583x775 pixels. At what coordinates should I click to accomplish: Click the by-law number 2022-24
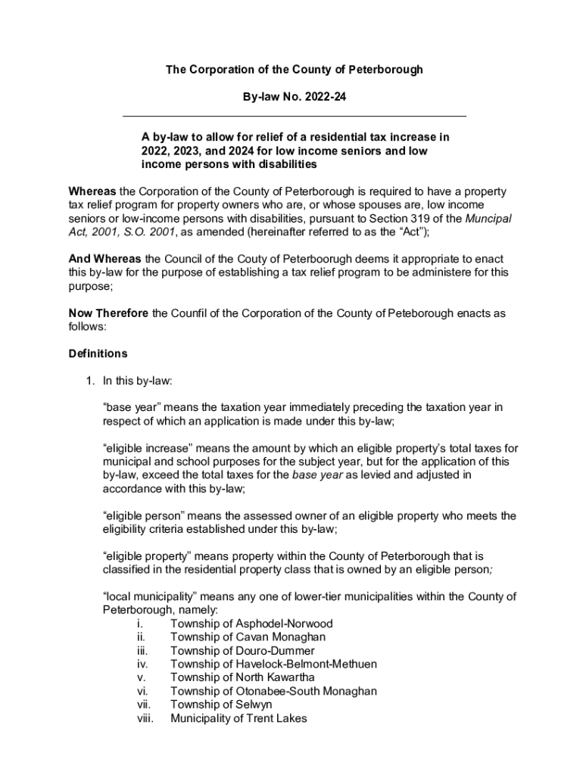(324, 97)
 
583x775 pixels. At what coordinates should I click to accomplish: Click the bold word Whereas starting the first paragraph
(92, 191)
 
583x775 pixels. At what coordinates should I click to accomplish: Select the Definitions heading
(98, 353)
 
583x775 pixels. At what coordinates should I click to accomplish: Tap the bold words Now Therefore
(109, 313)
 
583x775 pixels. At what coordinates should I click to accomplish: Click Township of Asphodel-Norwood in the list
(251, 624)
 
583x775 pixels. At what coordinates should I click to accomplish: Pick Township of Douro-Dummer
(242, 651)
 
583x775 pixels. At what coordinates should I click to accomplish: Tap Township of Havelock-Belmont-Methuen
(273, 664)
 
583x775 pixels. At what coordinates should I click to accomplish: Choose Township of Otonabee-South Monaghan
(273, 691)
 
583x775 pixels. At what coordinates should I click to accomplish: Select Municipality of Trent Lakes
(238, 718)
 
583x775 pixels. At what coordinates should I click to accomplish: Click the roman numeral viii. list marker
(145, 718)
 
